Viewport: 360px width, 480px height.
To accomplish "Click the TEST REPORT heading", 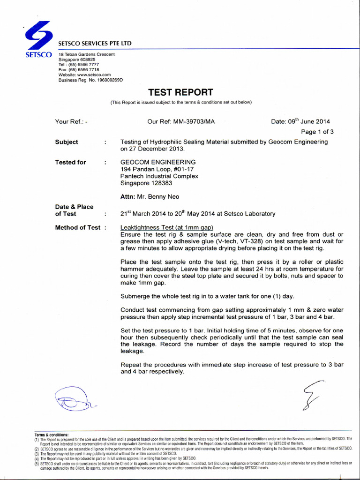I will [180, 92].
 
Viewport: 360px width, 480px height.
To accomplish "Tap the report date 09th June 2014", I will [300, 121].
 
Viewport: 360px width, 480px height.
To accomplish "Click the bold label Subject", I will [67, 142].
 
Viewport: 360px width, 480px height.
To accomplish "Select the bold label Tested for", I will [70, 162].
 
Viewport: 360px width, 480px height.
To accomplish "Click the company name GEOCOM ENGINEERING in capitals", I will [158, 162].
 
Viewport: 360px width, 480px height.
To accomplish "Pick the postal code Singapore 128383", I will [146, 183].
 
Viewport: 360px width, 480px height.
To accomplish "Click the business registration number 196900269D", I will [107, 80].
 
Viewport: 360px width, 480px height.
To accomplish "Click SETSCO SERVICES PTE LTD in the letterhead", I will [95, 44].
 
